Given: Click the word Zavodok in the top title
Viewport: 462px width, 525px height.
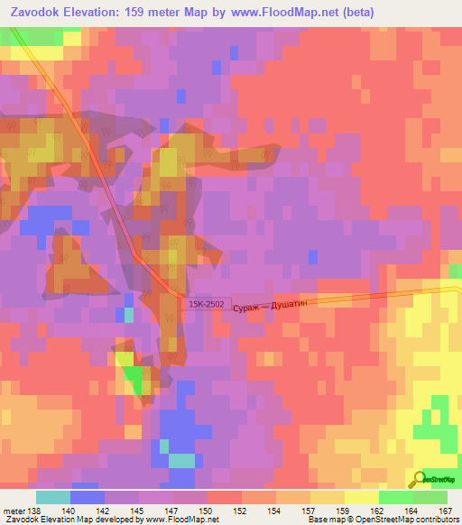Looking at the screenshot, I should tap(35, 12).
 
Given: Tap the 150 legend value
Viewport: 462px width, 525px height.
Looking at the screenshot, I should tap(208, 510).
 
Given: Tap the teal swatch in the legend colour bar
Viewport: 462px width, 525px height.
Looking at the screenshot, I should tap(52, 496).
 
